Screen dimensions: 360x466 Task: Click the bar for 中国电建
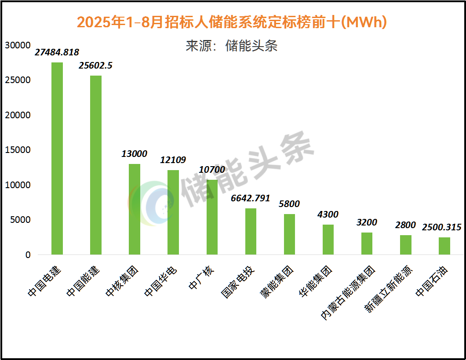(57, 158)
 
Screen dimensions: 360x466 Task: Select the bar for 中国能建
(96, 165)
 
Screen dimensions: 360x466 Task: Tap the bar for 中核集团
(135, 209)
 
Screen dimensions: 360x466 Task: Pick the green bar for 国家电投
(251, 231)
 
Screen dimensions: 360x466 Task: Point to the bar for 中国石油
(444, 246)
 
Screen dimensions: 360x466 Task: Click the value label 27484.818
(57, 52)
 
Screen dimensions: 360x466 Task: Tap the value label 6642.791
(251, 198)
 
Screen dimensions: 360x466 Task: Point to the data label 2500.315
(442, 227)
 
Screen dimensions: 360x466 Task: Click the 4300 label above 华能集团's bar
(328, 215)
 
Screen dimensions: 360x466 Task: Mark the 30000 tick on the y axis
(18, 45)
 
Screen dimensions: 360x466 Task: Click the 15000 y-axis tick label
(18, 150)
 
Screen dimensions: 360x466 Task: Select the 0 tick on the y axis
(28, 255)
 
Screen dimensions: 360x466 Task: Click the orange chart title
(232, 22)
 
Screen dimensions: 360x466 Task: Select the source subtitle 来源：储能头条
(232, 46)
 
